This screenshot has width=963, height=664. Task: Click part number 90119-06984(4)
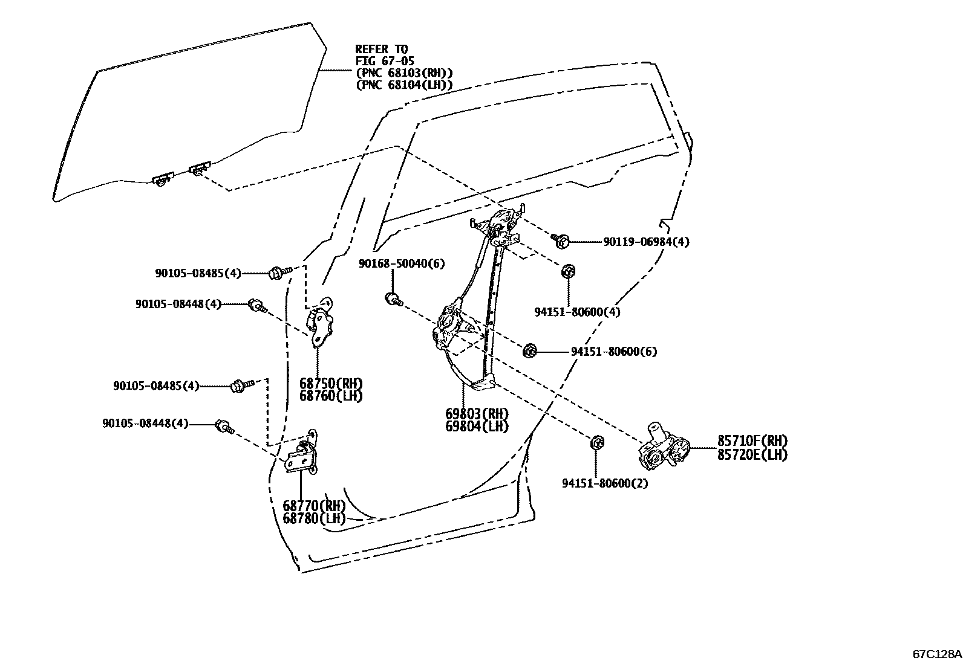[x=646, y=242]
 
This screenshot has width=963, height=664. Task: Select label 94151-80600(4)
[x=577, y=312]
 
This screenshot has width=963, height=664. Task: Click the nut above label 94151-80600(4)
[x=568, y=271]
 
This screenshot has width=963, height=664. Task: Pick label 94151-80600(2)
[x=605, y=483]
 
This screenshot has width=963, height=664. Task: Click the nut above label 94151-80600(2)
[x=596, y=443]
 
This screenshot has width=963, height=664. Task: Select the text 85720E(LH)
[x=752, y=455]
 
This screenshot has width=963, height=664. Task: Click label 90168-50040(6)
[x=402, y=263]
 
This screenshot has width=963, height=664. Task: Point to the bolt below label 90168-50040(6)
[x=393, y=298]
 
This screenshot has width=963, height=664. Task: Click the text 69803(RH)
[x=477, y=414]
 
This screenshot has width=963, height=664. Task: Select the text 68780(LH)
[x=314, y=518]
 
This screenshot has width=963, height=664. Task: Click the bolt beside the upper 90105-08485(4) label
[x=276, y=272]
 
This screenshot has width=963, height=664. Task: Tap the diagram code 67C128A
[x=936, y=654]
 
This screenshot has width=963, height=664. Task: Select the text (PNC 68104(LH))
[x=404, y=85]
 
